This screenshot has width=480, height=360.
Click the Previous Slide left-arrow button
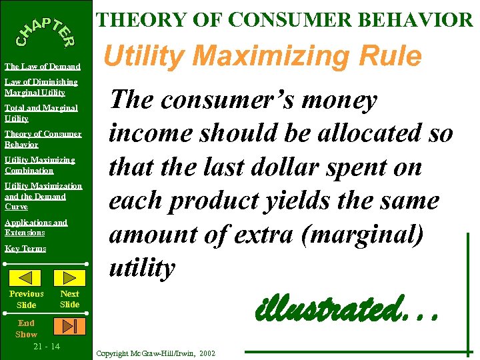pos(27,277)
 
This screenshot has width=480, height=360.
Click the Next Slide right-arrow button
pos(69,277)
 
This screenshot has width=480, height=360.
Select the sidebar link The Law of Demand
pos(43,66)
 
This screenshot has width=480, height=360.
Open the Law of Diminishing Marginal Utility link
pos(41,87)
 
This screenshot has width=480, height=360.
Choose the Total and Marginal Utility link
pos(41,113)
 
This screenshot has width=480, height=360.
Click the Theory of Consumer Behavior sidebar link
pos(43,139)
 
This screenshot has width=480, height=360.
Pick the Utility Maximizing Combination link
pos(39,165)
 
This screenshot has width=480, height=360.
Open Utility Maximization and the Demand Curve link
pos(43,196)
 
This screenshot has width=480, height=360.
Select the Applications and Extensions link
pos(36,227)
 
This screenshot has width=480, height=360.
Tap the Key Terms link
pos(25,248)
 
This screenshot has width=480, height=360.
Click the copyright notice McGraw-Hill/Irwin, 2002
pos(156,352)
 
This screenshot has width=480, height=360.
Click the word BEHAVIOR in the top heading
pos(414,19)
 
